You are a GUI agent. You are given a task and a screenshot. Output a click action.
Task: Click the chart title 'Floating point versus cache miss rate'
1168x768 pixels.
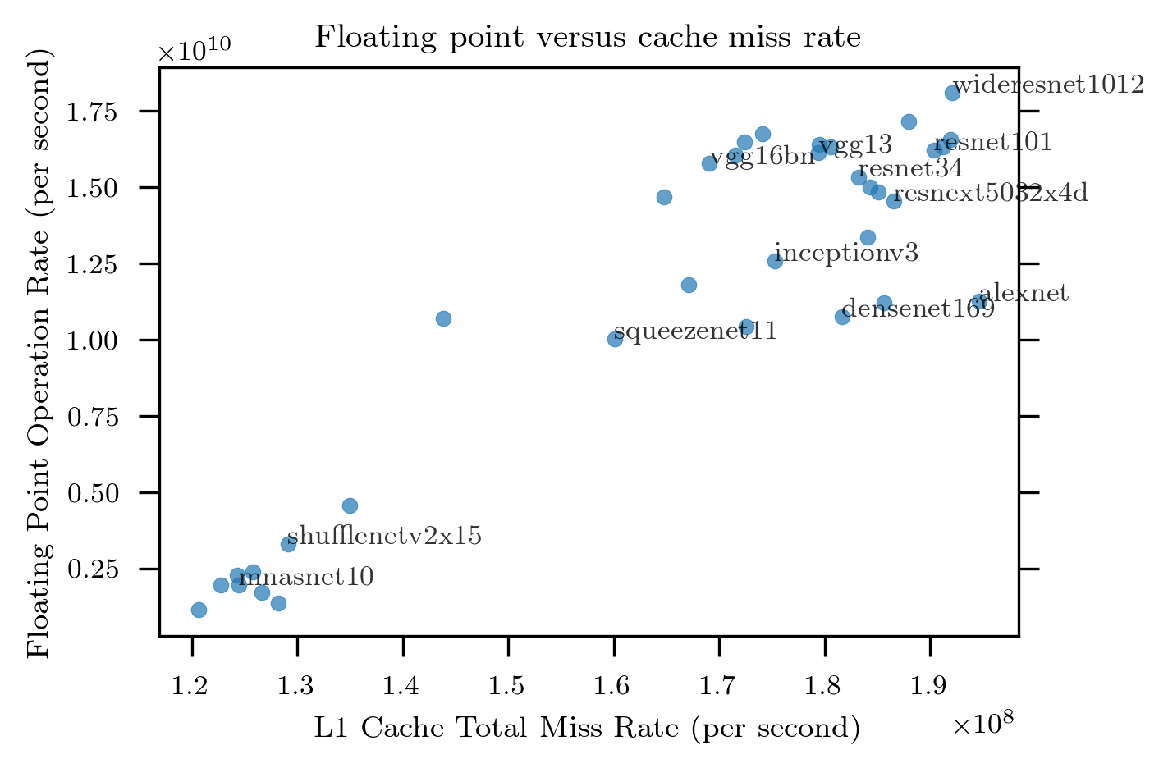click(588, 38)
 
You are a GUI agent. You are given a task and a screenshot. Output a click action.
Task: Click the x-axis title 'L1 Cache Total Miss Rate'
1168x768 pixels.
click(587, 728)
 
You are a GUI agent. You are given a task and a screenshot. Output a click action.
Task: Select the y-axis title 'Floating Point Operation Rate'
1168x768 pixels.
click(39, 353)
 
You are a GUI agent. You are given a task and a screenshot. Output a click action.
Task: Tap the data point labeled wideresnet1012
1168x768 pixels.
click(952, 93)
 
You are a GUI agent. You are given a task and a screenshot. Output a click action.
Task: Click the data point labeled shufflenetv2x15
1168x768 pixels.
click(288, 544)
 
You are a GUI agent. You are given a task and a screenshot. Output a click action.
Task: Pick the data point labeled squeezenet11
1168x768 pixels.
click(615, 339)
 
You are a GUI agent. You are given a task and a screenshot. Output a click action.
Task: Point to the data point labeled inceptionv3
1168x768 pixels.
click(775, 261)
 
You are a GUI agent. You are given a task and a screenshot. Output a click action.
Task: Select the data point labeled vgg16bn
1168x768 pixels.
click(710, 163)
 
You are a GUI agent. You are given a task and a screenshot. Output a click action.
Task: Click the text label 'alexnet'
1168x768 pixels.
click(1024, 293)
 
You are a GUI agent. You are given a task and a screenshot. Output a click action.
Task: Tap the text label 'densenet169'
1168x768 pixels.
click(918, 309)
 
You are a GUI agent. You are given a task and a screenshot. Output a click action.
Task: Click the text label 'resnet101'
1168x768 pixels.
click(993, 143)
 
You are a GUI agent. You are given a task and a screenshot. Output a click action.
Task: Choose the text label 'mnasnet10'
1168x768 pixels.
click(306, 578)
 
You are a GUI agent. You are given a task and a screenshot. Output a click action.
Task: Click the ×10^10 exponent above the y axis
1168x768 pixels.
click(195, 51)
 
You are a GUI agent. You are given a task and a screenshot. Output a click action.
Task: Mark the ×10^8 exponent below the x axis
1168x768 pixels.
click(983, 724)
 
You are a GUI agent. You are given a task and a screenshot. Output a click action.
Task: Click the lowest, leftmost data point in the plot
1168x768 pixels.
click(199, 610)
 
